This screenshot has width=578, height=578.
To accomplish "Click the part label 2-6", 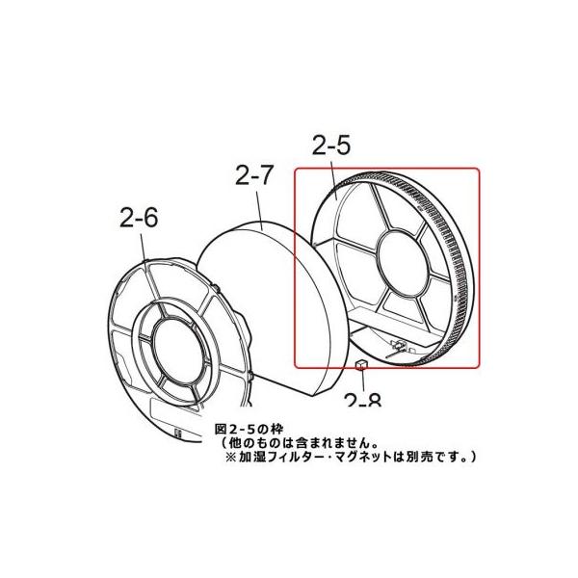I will [138, 218].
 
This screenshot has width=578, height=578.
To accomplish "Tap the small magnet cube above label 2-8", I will [360, 364].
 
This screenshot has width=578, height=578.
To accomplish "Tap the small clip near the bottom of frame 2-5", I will [397, 342].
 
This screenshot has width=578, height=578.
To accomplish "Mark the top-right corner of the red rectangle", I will [479, 169].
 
